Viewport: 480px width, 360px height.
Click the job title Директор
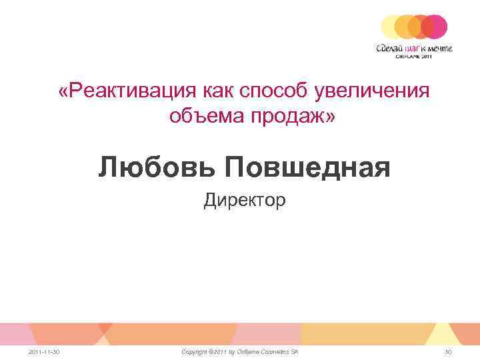click(245, 200)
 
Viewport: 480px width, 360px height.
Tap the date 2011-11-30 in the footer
click(45, 351)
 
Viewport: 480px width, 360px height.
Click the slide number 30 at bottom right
click(448, 351)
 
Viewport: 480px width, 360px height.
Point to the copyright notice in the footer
click(240, 351)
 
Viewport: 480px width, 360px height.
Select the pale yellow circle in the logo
click(392, 26)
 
